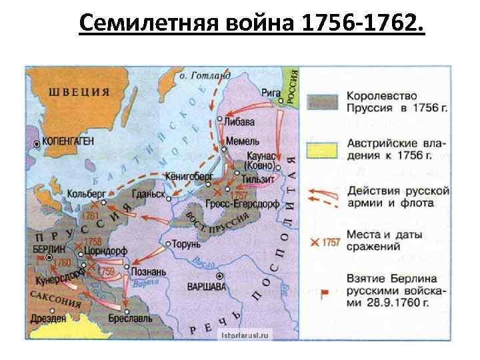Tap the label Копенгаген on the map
click(68, 142)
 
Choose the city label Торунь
click(187, 244)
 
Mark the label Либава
click(241, 121)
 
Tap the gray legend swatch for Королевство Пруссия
click(323, 101)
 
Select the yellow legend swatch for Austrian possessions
click(323, 149)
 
